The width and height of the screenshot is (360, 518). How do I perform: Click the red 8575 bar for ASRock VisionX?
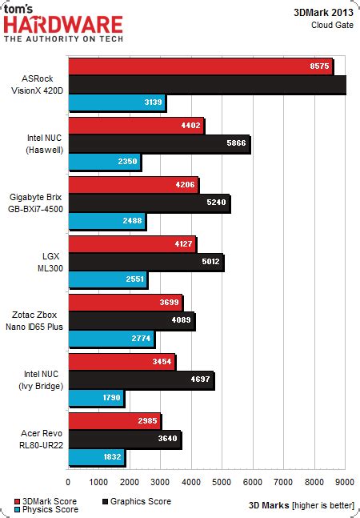200,66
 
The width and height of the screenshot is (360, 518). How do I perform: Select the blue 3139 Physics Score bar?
116,102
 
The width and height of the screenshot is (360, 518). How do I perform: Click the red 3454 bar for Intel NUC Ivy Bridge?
122,360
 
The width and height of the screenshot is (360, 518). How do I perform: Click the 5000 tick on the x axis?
222,482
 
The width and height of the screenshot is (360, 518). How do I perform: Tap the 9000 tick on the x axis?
345,482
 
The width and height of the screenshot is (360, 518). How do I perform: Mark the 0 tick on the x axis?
69,482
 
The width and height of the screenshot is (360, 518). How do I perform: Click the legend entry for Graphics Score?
141,501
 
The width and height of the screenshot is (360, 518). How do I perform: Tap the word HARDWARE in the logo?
64,26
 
